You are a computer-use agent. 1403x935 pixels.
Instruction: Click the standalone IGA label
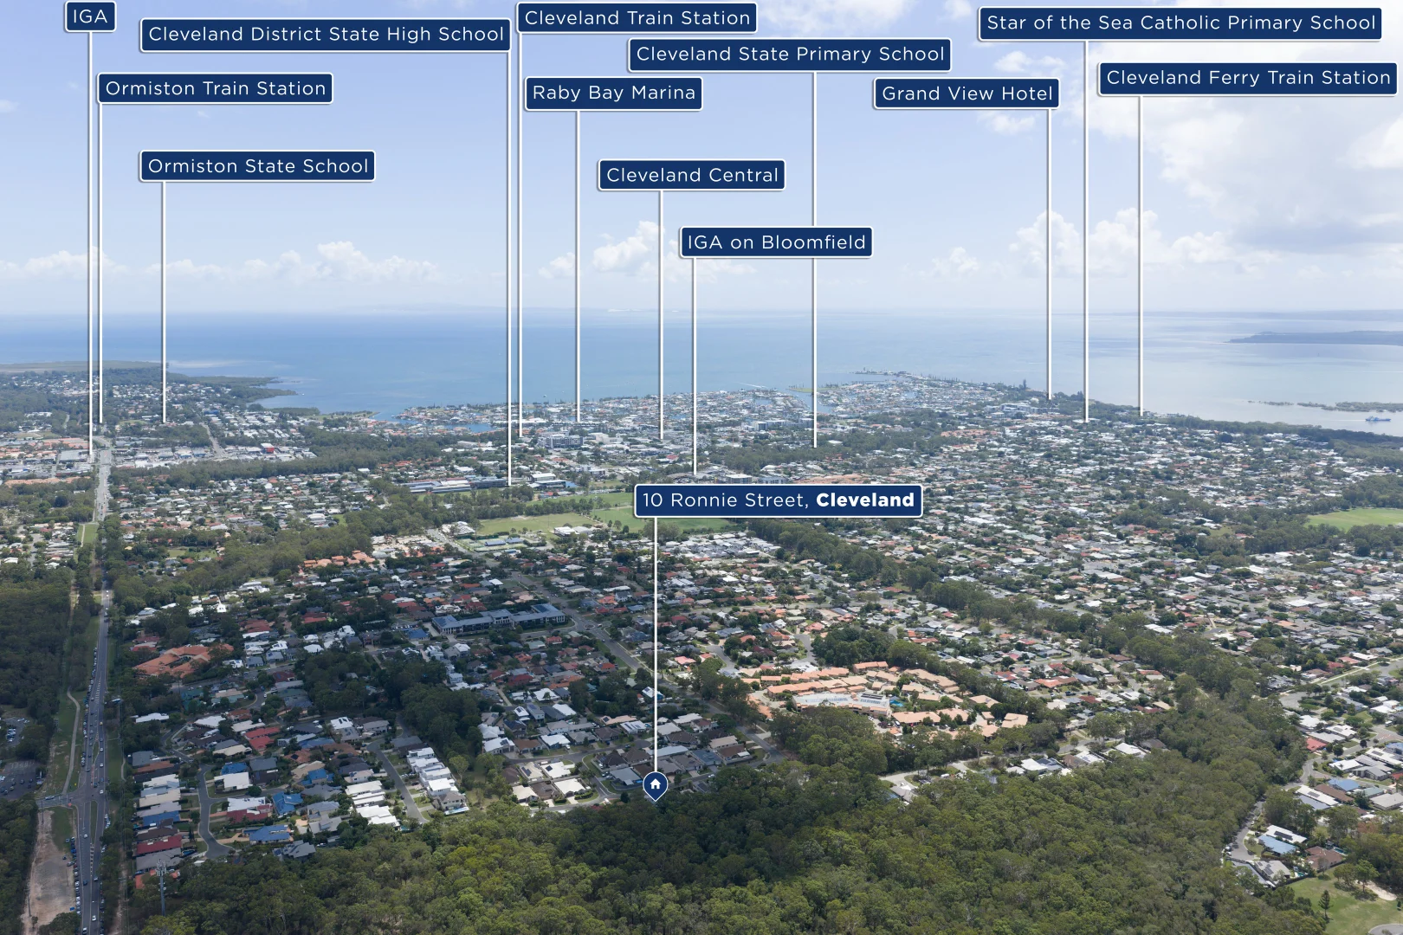pos(90,17)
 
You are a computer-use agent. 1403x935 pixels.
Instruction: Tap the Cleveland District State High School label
pos(326,35)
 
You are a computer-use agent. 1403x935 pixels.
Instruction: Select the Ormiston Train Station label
pos(216,88)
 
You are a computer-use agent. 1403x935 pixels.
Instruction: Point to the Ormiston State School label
pos(258,166)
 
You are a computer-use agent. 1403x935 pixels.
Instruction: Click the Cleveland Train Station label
pos(637,18)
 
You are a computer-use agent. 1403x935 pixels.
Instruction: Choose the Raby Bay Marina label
pos(614,93)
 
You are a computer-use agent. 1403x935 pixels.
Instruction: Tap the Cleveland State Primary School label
pos(790,55)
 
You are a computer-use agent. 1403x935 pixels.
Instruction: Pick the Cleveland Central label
pos(692,175)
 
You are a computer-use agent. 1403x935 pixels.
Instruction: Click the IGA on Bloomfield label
pos(776,242)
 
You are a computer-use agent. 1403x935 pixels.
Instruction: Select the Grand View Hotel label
pos(967,94)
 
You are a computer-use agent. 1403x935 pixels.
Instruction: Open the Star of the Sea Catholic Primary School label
pos(1180,23)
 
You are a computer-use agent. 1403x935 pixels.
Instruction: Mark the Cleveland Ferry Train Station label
pos(1248,78)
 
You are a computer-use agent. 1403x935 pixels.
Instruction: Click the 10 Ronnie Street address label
pos(779,500)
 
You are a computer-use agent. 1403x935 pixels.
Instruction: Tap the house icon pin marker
pos(655,785)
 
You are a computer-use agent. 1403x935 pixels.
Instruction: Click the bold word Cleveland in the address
pos(865,500)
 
